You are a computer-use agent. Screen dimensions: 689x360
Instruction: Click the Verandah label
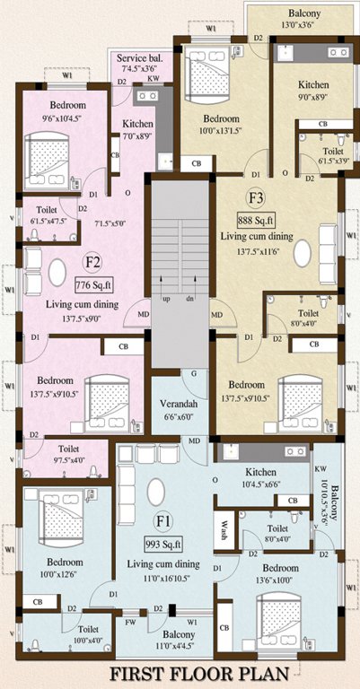pos(179,404)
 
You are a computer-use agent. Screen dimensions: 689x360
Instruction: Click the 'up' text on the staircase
pos(166,299)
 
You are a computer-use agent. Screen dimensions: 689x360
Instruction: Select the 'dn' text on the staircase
pos(190,299)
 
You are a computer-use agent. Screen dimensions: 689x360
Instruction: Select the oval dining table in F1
pos(156,491)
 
